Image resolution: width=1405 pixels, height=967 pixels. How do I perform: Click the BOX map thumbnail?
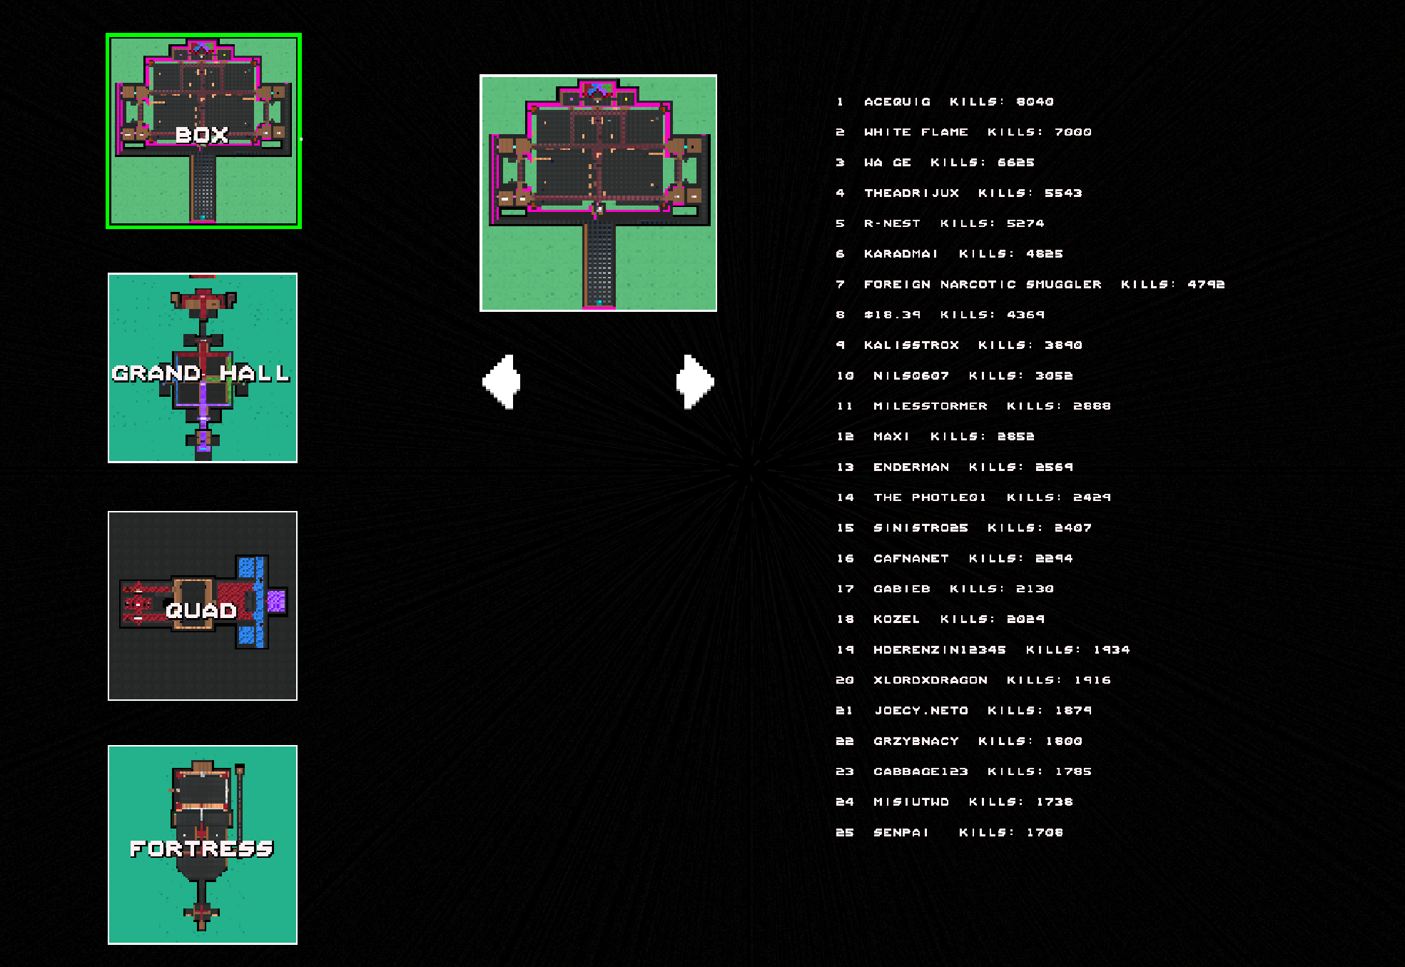click(x=203, y=131)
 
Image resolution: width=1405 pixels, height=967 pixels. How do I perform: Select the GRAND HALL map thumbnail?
click(x=203, y=368)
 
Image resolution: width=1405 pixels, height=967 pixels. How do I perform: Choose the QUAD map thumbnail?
click(x=203, y=606)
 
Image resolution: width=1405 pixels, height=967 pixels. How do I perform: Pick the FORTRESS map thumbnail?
click(x=203, y=844)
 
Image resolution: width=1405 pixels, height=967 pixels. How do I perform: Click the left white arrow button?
click(x=502, y=382)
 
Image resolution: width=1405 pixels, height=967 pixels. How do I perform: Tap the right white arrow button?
click(x=695, y=382)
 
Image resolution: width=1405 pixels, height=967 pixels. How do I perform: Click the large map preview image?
click(x=598, y=193)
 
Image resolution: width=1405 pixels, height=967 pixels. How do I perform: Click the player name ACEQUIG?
click(x=897, y=102)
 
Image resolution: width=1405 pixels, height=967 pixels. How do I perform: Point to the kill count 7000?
click(x=1072, y=132)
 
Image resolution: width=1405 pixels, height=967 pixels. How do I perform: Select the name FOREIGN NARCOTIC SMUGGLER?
click(x=983, y=285)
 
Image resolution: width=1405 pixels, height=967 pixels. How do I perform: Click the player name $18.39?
click(x=892, y=315)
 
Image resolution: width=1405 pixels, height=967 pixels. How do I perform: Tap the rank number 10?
click(x=845, y=376)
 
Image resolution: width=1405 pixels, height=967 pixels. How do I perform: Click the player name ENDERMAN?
click(x=911, y=467)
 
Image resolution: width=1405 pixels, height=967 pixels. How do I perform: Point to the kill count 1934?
click(x=1111, y=650)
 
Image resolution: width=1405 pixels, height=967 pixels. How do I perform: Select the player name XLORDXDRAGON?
click(x=930, y=680)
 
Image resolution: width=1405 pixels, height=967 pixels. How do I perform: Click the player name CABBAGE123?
click(x=920, y=771)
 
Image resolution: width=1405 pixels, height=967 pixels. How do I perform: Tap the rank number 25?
click(x=845, y=833)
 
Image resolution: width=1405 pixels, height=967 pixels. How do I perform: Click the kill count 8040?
click(x=1035, y=102)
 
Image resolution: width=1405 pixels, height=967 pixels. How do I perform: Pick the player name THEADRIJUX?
click(x=911, y=193)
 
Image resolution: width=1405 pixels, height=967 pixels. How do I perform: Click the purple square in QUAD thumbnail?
click(x=276, y=602)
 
